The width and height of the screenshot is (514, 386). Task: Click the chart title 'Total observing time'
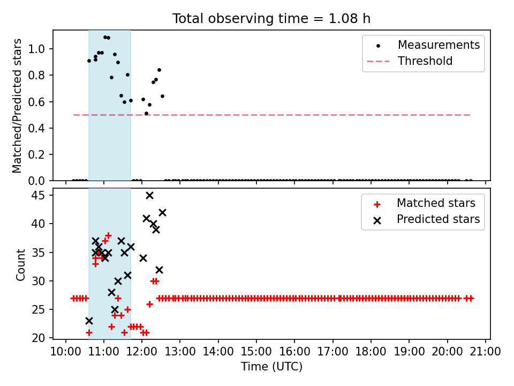[x=240, y=19]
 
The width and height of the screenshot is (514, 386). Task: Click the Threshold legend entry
[x=410, y=61]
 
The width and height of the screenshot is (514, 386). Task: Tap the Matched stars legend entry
[x=425, y=203]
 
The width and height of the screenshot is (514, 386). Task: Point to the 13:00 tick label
[x=180, y=352]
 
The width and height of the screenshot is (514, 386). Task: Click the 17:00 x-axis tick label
[x=332, y=352]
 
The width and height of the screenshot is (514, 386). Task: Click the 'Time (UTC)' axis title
[x=272, y=367]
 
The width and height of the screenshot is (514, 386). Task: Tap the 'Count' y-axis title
[x=20, y=264]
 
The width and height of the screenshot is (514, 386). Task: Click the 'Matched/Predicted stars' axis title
[x=17, y=106]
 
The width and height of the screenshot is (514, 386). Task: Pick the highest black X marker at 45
[x=149, y=196]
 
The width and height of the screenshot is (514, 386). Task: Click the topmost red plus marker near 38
[x=109, y=236]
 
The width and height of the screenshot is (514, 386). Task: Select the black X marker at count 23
[x=89, y=321]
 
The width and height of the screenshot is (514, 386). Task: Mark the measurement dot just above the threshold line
[x=147, y=114]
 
